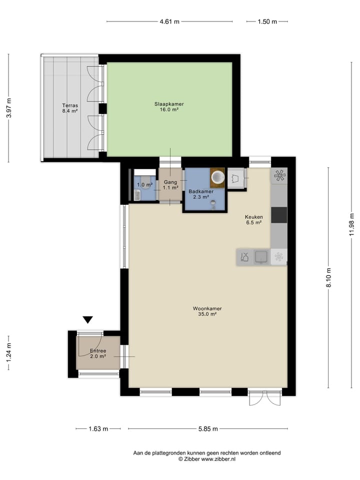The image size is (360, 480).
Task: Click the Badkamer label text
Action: (x=201, y=191)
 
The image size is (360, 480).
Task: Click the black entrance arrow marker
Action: (x=88, y=319)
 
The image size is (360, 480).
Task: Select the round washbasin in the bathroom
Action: (x=217, y=176)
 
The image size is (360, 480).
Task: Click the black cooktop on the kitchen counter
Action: (x=279, y=215)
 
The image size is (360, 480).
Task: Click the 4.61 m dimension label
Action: (x=169, y=21)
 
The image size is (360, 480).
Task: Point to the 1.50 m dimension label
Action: (x=267, y=21)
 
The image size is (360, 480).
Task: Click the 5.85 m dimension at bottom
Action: (x=207, y=428)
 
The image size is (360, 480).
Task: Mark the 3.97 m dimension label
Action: (x=8, y=108)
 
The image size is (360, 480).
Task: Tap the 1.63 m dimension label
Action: (x=98, y=428)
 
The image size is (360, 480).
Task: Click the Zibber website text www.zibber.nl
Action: (x=218, y=459)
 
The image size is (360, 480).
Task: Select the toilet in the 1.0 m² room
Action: (x=137, y=195)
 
